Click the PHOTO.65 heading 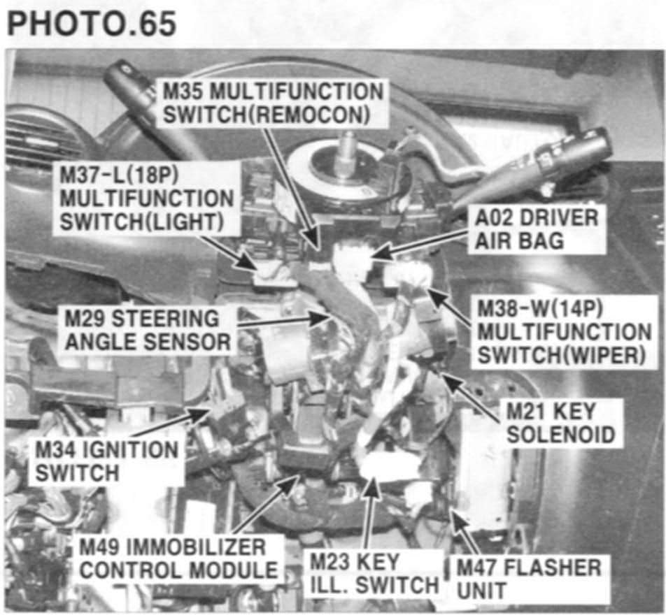tap(92, 24)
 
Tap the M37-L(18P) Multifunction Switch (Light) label tap(146, 198)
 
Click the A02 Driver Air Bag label tap(536, 230)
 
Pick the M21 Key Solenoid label tap(560, 423)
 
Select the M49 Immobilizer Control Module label tap(178, 558)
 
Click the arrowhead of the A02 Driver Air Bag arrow tap(379, 256)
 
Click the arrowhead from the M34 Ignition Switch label tap(201, 413)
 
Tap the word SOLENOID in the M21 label tap(560, 435)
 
